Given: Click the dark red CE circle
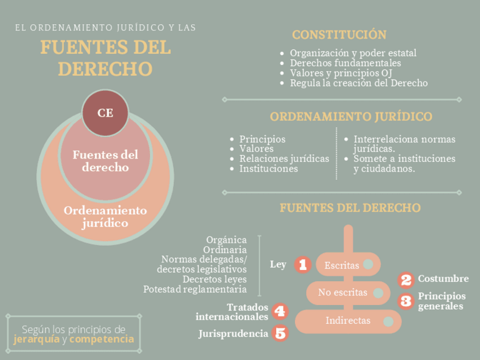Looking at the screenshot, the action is (105, 113).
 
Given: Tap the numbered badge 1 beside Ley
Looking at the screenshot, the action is (302, 264).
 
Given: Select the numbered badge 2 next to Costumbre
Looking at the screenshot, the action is (406, 279).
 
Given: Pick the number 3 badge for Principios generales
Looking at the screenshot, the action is (406, 301).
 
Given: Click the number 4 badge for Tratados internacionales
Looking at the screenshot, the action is (280, 311).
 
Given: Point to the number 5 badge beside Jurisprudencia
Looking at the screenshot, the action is (280, 333).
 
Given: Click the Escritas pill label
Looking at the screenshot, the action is (342, 265).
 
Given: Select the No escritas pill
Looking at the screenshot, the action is (342, 293).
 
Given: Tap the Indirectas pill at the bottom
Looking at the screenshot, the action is (348, 321).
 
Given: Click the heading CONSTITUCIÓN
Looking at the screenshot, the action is (339, 35).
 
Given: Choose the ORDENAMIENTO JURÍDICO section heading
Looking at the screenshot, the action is (351, 117).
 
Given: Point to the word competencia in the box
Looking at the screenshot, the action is (101, 340).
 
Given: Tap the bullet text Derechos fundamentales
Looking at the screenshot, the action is (345, 63).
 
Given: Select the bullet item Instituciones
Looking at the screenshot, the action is (268, 169).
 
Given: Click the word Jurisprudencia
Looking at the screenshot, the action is (233, 334).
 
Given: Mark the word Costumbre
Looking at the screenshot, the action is (443, 278).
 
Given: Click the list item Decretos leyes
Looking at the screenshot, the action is (215, 279).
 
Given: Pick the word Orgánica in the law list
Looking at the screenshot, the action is (226, 239).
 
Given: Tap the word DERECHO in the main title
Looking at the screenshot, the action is (106, 69).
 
